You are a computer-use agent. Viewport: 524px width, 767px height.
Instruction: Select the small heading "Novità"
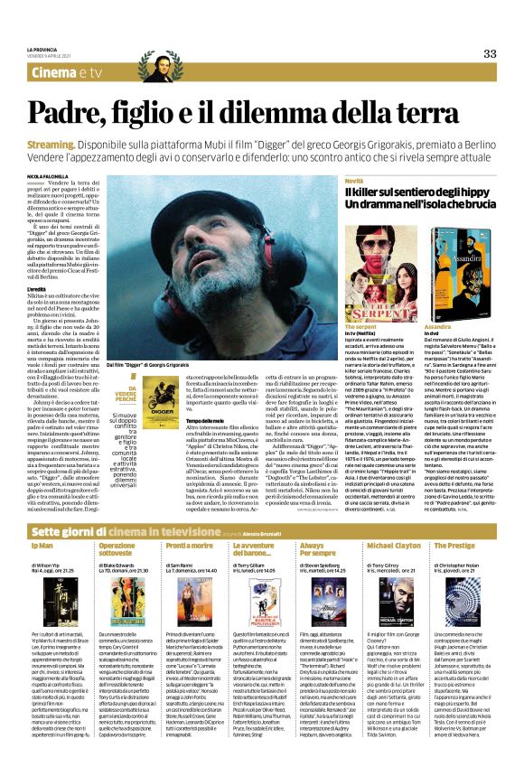(354, 182)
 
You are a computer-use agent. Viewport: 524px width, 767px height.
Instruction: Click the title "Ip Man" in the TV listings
(42, 523)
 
